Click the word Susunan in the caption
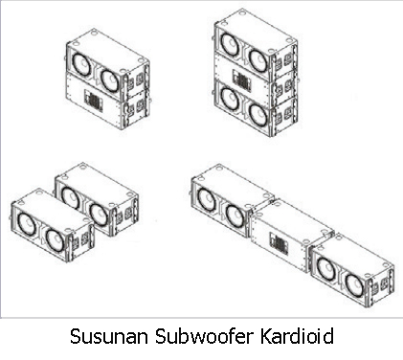(109, 336)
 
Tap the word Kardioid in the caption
(297, 336)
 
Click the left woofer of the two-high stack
(80, 63)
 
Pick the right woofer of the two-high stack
(110, 79)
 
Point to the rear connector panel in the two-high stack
(94, 101)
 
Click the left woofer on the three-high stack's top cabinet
(230, 44)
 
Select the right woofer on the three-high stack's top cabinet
(259, 58)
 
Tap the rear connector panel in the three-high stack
(242, 79)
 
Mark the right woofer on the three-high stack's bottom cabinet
(259, 114)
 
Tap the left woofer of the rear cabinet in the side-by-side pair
(71, 197)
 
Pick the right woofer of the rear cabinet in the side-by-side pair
(98, 214)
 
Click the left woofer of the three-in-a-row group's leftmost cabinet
(207, 199)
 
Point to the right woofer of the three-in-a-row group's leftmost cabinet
(235, 214)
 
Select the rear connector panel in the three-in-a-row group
(279, 243)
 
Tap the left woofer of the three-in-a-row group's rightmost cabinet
(326, 267)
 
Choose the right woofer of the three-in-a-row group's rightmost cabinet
(355, 284)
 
